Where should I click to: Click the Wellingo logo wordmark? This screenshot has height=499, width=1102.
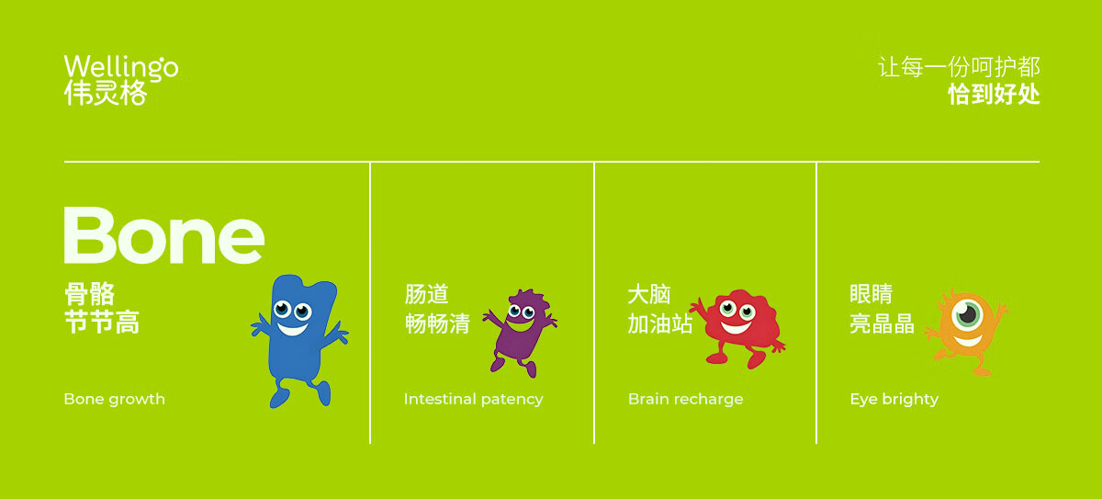[x=121, y=67]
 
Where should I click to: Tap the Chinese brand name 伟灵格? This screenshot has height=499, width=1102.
[x=106, y=93]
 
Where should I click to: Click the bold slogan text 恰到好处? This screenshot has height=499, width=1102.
[x=994, y=94]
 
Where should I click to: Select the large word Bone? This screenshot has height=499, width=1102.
[x=164, y=235]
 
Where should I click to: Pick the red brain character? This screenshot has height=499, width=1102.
[x=738, y=328]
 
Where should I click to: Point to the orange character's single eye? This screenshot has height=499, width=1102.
[x=967, y=314]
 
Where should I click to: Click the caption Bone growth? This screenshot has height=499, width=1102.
[x=114, y=399]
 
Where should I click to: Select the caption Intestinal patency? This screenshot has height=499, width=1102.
[x=473, y=399]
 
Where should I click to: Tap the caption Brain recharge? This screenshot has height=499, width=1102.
[x=685, y=399]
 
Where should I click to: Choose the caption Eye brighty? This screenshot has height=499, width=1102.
[x=894, y=399]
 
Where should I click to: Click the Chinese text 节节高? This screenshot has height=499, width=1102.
[x=102, y=323]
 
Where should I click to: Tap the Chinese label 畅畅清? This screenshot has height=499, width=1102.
[x=437, y=323]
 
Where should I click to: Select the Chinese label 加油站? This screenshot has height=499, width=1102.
[x=659, y=323]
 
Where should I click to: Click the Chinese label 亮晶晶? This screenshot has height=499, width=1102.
[x=883, y=323]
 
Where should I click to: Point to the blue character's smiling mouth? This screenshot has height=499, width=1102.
[x=292, y=329]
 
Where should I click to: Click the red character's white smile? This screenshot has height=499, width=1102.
[x=736, y=327]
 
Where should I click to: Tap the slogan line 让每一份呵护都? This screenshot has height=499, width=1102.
[x=959, y=67]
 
